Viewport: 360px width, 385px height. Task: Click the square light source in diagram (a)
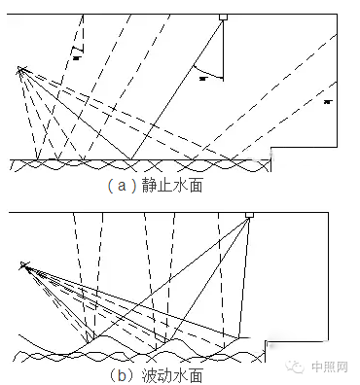[223, 17]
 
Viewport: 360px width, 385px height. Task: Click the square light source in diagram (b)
[250, 215]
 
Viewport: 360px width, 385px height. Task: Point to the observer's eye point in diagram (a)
[19, 68]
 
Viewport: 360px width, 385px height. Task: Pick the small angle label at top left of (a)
[77, 55]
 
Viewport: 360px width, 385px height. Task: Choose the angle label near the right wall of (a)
[329, 100]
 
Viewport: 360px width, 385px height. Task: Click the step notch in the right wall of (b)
[268, 342]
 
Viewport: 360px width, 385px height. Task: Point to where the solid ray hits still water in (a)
[131, 159]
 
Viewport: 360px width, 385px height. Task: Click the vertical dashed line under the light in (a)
[223, 49]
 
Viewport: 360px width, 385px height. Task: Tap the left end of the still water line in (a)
[12, 159]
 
